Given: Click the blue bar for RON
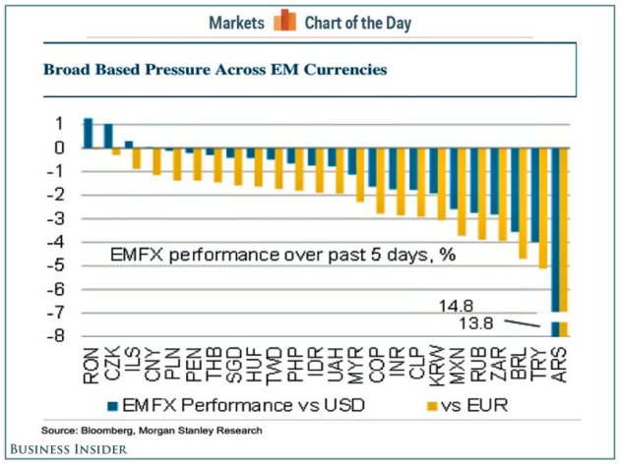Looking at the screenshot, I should pyautogui.click(x=88, y=133).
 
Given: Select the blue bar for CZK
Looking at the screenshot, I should pyautogui.click(x=108, y=136).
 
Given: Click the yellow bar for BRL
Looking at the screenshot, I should pyautogui.click(x=522, y=203).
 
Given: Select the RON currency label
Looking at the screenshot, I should pyautogui.click(x=89, y=367).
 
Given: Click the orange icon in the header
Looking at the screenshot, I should pyautogui.click(x=285, y=21).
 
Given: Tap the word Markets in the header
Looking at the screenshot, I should pyautogui.click(x=237, y=22).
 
